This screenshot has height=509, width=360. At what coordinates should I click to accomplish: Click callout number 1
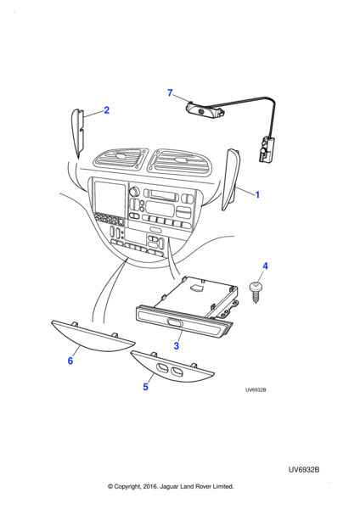[257, 195]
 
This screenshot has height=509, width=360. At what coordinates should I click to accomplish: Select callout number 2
[107, 110]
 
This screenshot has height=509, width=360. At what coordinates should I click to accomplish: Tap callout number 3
[176, 346]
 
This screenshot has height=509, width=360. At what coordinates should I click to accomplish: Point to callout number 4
[265, 266]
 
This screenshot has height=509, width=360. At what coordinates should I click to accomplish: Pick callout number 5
[145, 387]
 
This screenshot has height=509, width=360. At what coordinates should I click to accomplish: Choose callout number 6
[70, 361]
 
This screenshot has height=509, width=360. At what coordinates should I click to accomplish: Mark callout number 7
[170, 92]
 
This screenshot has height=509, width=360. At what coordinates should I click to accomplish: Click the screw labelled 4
[256, 292]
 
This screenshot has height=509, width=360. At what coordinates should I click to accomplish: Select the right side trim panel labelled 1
[232, 179]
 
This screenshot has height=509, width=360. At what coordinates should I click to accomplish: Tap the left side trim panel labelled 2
[77, 133]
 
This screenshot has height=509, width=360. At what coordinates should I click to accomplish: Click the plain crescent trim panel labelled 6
[93, 338]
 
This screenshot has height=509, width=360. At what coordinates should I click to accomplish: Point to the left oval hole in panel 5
[161, 368]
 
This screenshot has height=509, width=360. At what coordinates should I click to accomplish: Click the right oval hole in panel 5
[177, 372]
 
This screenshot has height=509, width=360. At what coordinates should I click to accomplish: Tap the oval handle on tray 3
[175, 322]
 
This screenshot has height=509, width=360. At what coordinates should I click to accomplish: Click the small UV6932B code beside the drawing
[256, 390]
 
